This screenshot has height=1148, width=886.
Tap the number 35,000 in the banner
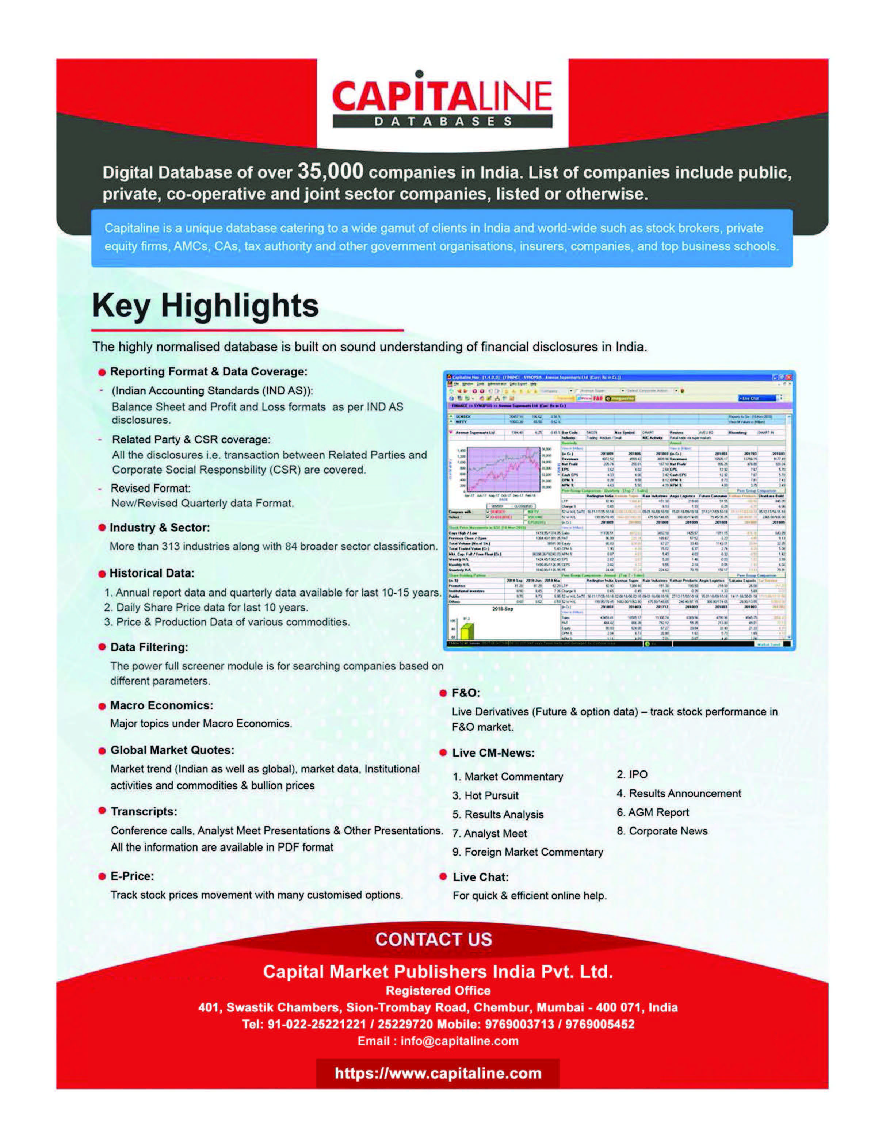click(330, 171)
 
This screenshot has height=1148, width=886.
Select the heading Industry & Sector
click(159, 527)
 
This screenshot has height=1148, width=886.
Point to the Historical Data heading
click(152, 573)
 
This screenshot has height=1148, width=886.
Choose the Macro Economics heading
click(161, 705)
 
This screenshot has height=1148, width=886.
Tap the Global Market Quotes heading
click(172, 750)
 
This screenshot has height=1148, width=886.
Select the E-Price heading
click(132, 876)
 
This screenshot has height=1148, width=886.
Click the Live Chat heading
click(481, 877)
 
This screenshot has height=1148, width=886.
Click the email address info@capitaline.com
click(459, 1041)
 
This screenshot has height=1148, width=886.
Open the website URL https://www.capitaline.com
click(438, 1073)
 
